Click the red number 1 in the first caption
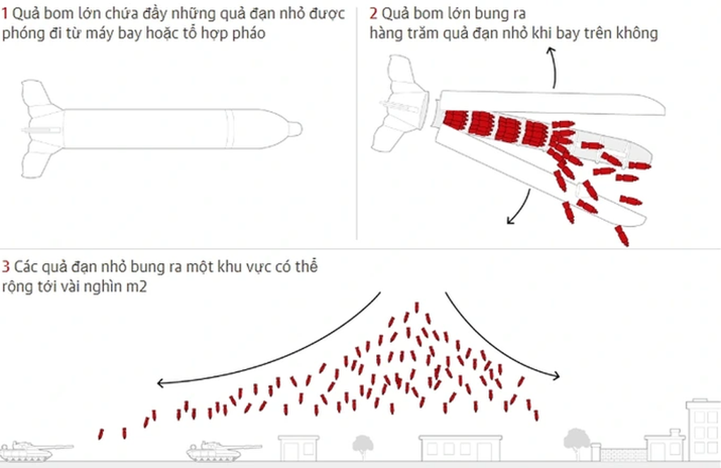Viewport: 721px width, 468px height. pos(5,13)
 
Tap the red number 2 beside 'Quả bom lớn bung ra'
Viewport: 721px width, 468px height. pos(373,13)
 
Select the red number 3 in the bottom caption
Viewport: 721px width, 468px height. pos(6,267)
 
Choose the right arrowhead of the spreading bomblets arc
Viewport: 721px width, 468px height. pos(556,375)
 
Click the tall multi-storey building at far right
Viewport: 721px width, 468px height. pos(703,430)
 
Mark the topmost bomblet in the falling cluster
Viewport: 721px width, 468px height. pos(416,308)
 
